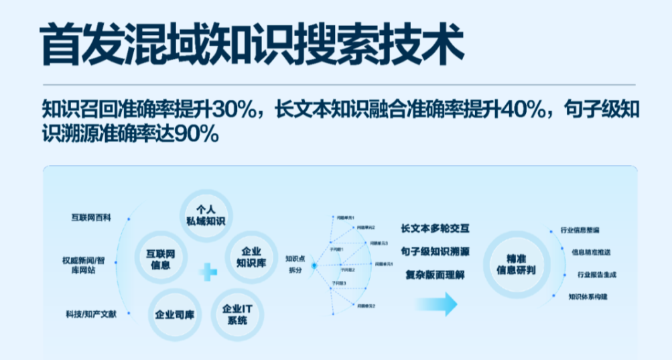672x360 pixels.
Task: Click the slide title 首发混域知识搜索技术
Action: tap(251, 44)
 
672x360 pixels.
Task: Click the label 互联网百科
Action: tap(91, 218)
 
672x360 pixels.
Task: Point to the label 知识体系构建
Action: tap(587, 296)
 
